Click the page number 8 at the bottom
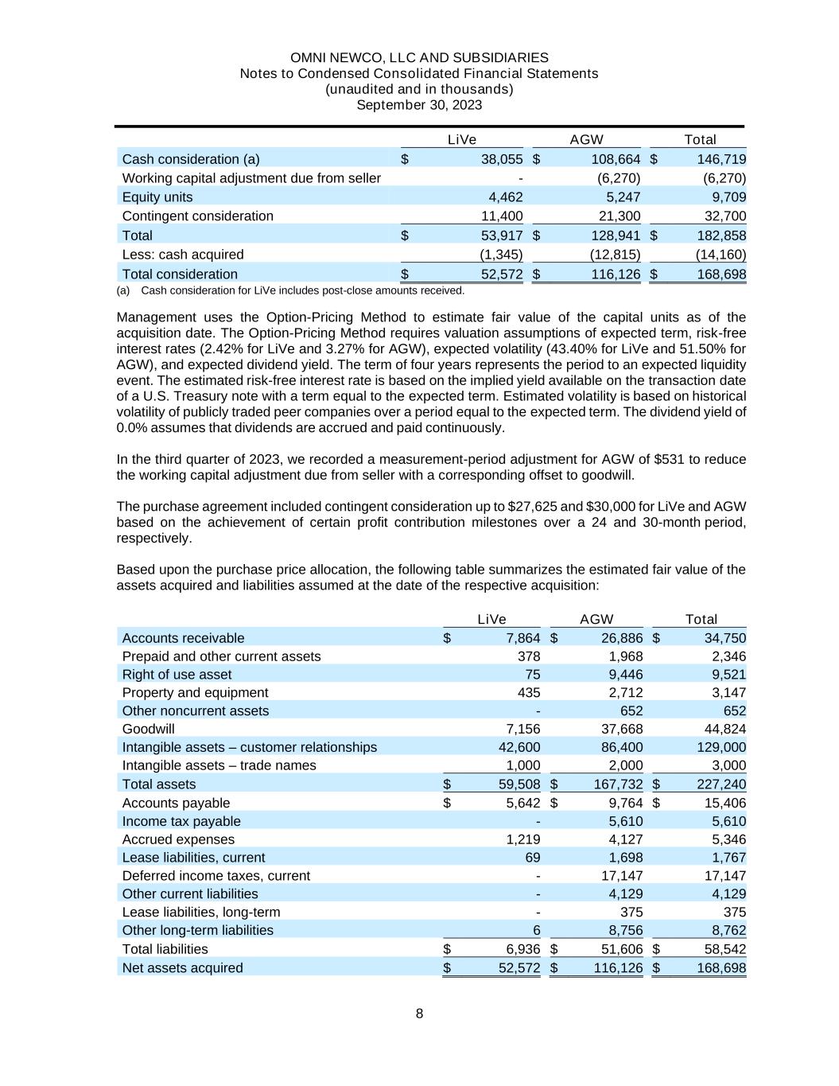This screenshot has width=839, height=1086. point(419,1014)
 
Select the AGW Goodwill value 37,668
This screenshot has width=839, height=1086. point(622,729)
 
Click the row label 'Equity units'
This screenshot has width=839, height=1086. point(157,197)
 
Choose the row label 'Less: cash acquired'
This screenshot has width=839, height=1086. point(183,254)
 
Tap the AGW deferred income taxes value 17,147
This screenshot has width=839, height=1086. point(622,875)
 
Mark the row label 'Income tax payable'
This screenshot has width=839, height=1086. point(181,821)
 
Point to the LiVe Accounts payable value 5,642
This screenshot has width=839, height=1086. point(523,803)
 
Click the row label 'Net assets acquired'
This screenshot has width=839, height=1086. point(183,967)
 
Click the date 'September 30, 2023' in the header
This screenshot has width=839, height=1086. point(419,105)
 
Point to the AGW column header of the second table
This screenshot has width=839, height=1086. point(596,619)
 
